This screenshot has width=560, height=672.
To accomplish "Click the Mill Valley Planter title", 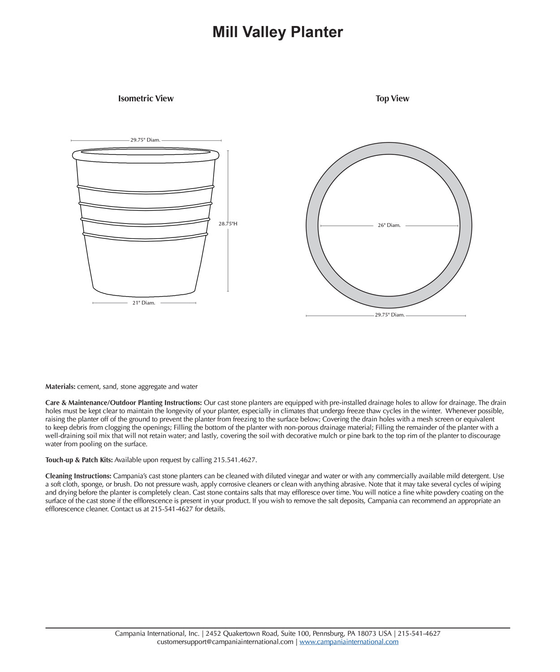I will coord(277,32).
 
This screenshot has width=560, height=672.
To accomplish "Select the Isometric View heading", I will coord(146,99).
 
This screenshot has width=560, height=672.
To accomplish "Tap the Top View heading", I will coord(392,99).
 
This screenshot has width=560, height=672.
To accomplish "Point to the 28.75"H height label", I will coord(228,224).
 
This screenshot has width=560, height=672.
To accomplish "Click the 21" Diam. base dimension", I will coord(144,303).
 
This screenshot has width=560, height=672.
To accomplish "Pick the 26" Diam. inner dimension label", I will coord(389,225).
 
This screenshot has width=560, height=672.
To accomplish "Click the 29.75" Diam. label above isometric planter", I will coord(145,140).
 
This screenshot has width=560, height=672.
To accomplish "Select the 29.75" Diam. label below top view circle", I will coord(390,315).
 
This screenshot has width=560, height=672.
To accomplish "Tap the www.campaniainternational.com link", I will coord(349,642).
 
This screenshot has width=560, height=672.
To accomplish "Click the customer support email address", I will coord(225,642).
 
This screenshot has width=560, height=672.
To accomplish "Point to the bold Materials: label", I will coord(60,387).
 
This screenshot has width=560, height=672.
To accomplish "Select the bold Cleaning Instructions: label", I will coord(78,476).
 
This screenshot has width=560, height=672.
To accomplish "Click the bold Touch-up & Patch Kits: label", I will coord(79,460).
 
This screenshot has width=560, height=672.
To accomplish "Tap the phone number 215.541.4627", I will coord(235,460).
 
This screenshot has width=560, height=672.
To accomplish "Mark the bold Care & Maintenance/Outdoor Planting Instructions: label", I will coord(124,403).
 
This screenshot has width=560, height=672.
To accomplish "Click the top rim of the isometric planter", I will coord(146,155).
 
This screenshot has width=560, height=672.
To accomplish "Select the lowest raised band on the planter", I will coord(146,237).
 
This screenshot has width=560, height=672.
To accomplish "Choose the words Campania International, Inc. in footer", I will coord(157,633).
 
